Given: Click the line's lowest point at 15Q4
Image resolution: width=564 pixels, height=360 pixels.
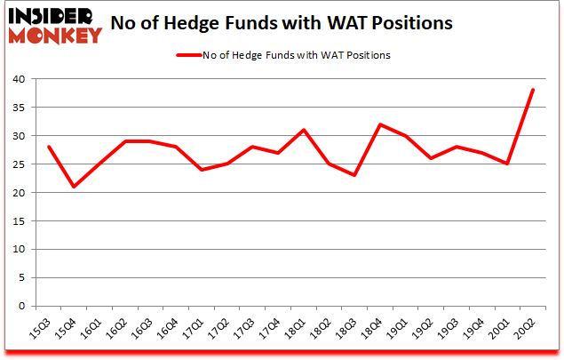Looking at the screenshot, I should point(73,187).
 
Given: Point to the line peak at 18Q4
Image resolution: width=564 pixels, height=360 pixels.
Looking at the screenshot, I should point(380,124).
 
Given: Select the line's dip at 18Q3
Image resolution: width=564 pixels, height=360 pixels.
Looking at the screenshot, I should point(354,175).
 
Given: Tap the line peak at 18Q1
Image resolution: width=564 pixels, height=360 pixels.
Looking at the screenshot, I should point(304,130).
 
